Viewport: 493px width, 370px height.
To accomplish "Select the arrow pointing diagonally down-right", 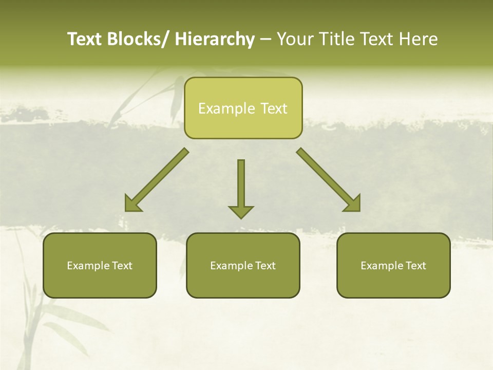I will (x=329, y=180).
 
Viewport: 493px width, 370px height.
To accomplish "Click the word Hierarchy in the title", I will (x=215, y=39).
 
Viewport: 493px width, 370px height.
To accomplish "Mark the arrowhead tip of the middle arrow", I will (x=241, y=218).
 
